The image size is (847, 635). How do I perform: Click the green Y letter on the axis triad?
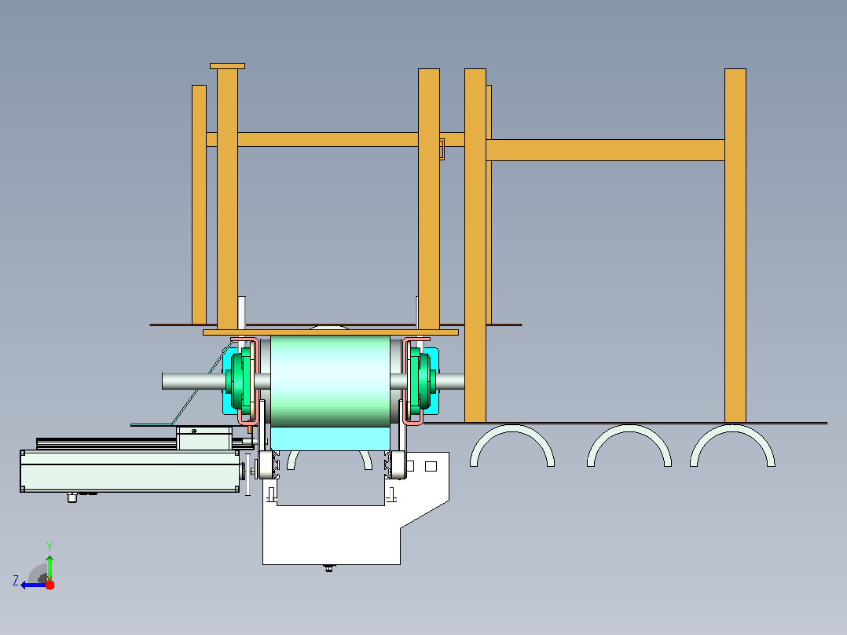49,546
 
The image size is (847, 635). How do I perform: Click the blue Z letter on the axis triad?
16,581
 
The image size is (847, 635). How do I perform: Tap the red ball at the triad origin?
49,585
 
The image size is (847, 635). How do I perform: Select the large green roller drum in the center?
330,381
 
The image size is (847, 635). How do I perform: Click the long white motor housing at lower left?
130,472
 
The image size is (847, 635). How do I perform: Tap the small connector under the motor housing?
72,497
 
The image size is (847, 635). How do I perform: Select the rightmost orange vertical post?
735,245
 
